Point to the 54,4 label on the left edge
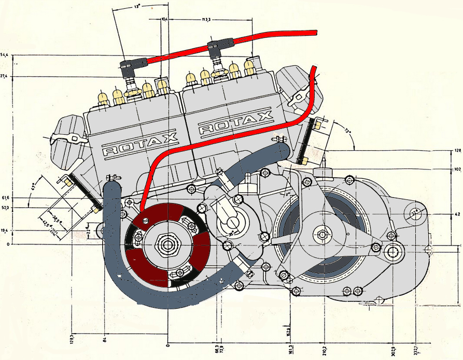pyautogui.click(x=5, y=54)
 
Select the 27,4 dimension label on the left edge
pyautogui.click(x=5, y=76)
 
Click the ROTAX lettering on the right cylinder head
pyautogui.click(x=236, y=122)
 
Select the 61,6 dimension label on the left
pyautogui.click(x=5, y=198)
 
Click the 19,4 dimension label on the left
pyautogui.click(x=5, y=230)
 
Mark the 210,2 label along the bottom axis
pyautogui.click(x=325, y=350)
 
